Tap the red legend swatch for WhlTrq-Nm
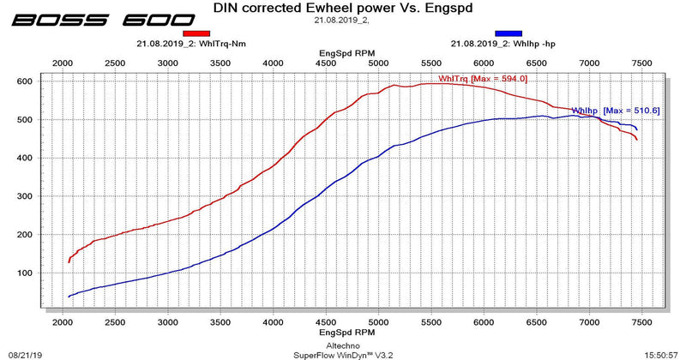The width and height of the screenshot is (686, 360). tap(196, 33)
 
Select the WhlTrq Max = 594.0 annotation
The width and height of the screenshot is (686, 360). tap(483, 79)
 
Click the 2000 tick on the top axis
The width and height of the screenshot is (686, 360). tap(63, 63)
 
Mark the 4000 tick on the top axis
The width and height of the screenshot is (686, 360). tap(273, 63)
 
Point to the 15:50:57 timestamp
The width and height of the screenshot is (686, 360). tap(664, 352)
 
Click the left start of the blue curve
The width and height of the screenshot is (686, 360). tap(69, 297)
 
